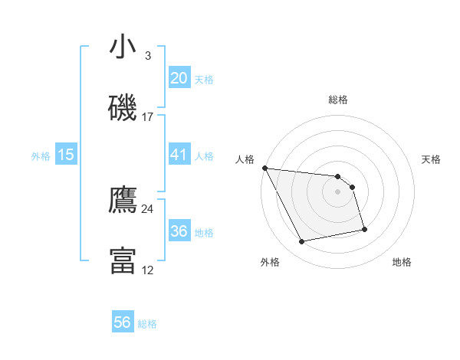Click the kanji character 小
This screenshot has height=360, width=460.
(123, 47)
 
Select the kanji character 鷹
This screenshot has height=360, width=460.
(123, 201)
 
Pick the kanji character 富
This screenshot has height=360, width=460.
(123, 260)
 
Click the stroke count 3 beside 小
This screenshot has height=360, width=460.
(147, 56)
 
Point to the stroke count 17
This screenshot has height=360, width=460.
(148, 116)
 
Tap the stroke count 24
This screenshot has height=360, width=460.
(148, 208)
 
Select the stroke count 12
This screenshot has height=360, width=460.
(148, 270)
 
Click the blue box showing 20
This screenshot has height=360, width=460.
(179, 78)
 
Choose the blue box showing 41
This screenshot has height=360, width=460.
(179, 155)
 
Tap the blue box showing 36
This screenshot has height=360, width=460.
(179, 231)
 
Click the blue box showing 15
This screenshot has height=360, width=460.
(66, 155)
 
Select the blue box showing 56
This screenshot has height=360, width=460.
(123, 323)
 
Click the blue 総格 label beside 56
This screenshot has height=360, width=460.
(147, 324)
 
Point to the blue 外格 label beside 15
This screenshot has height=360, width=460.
(41, 155)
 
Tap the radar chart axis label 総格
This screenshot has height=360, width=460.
(338, 100)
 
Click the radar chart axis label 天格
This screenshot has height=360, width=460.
(432, 159)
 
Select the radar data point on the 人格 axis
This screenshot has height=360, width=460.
(264, 168)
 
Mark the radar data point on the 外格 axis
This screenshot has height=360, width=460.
(302, 242)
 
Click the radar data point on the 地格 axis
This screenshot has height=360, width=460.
(364, 228)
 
